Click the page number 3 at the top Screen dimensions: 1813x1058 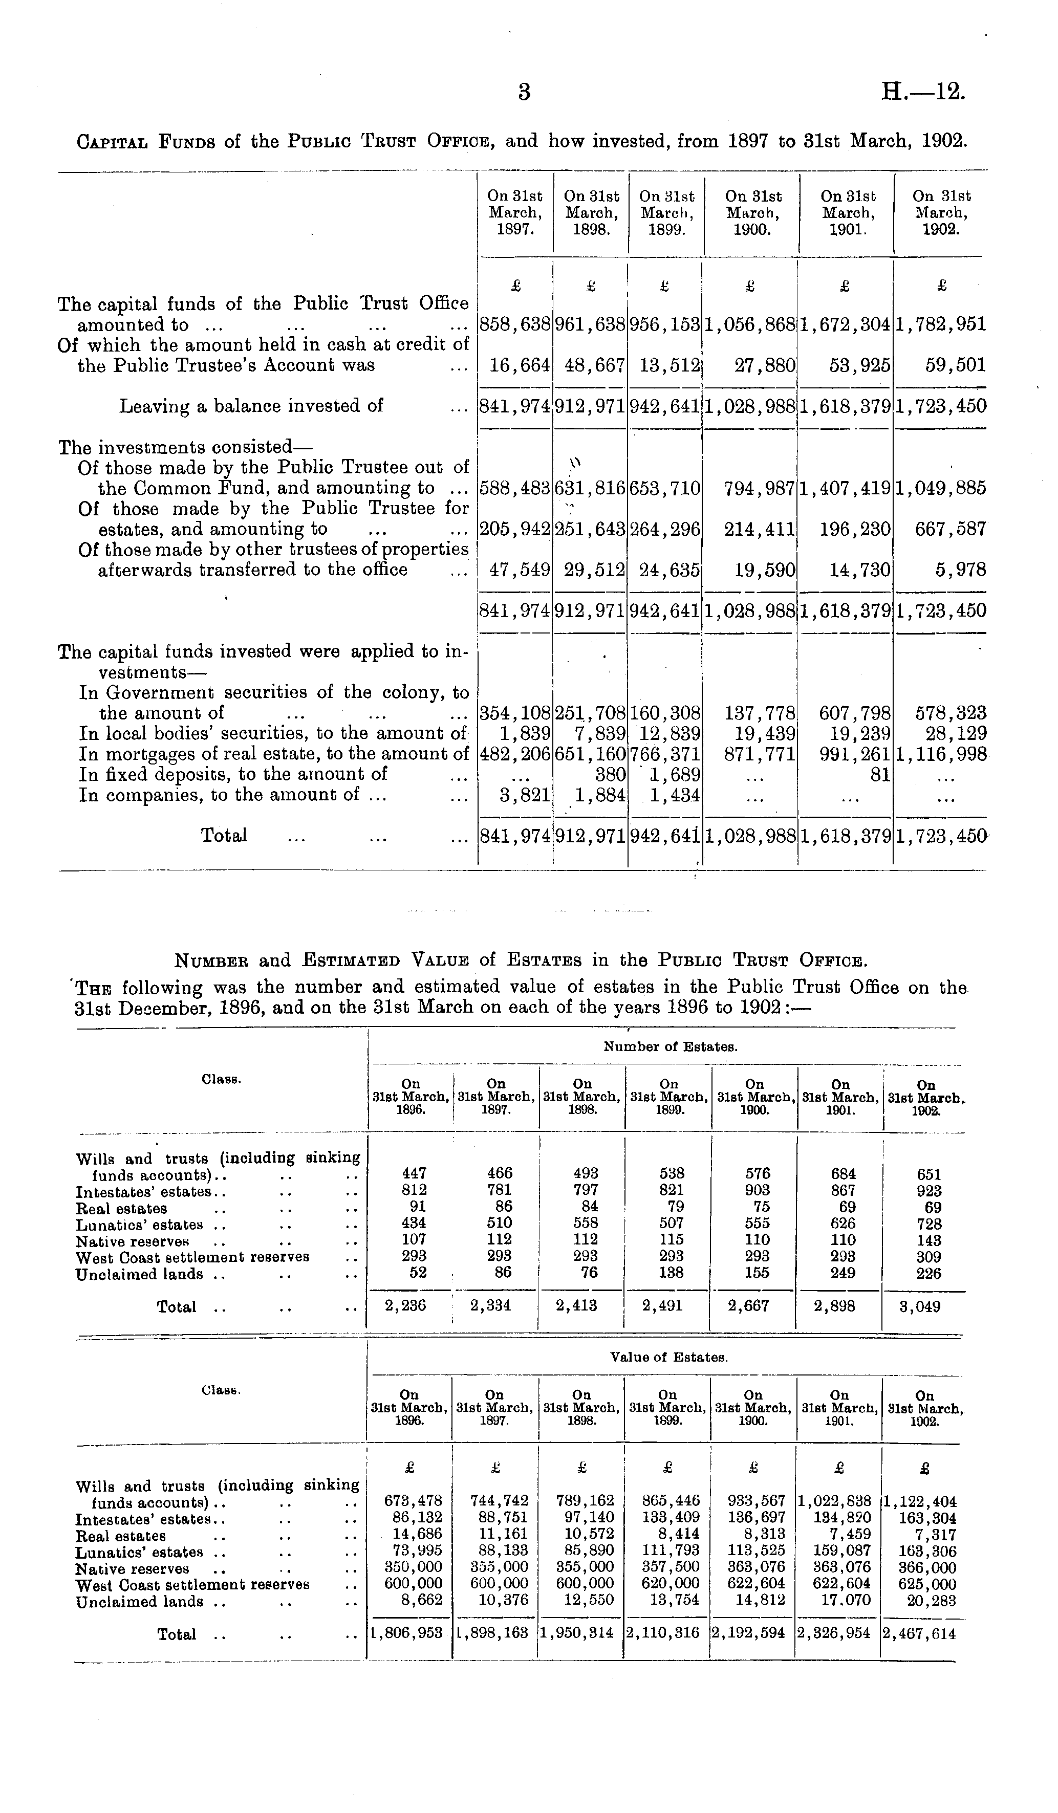525,92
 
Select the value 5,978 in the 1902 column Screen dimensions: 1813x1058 961,571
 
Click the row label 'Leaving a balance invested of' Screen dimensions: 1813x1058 251,406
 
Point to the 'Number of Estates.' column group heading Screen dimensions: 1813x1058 670,1047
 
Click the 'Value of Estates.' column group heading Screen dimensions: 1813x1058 668,1358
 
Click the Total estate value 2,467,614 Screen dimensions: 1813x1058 920,1634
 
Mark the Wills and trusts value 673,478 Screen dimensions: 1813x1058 413,1501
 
